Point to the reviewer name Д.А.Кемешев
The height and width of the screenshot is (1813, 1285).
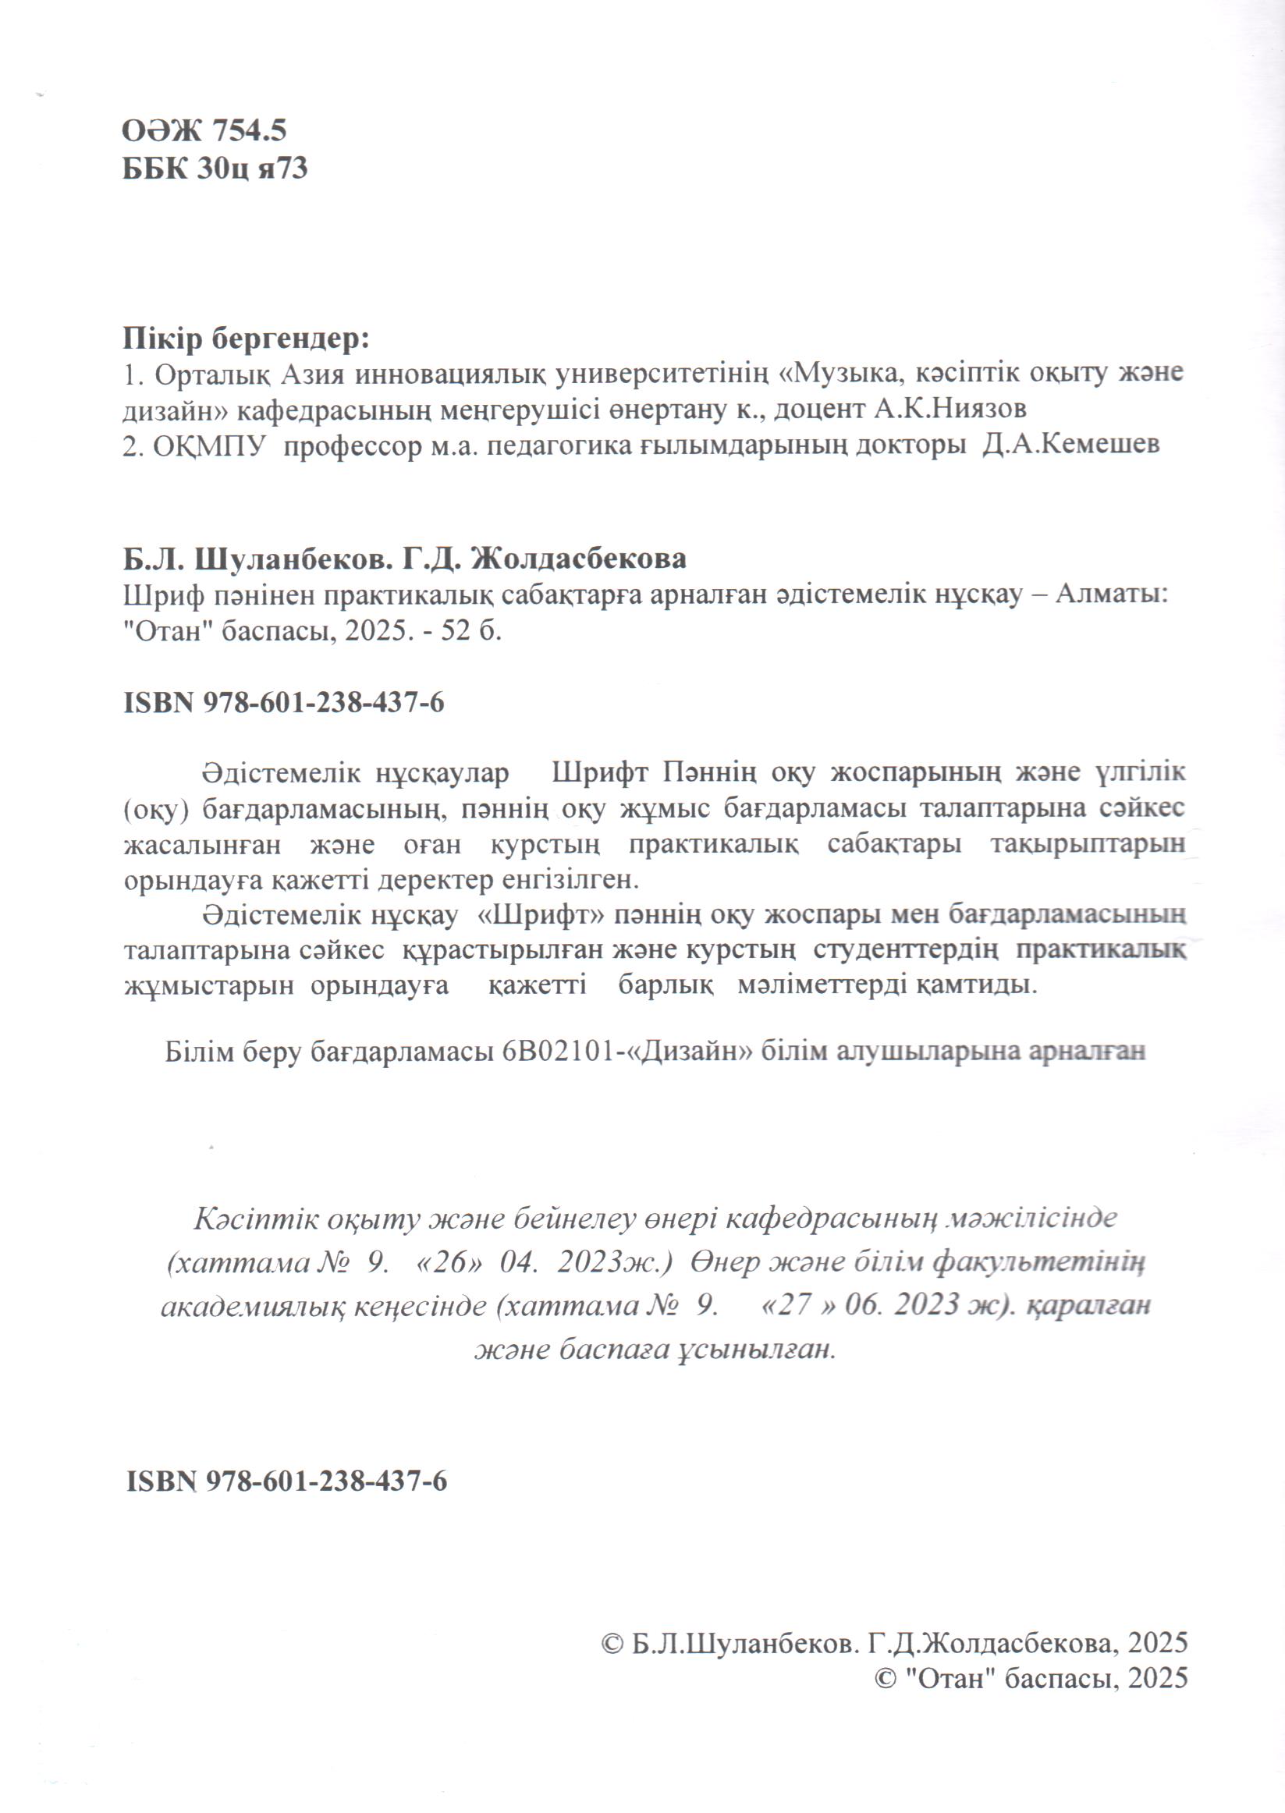(x=1070, y=445)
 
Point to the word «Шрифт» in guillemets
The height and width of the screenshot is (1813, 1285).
(x=543, y=916)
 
